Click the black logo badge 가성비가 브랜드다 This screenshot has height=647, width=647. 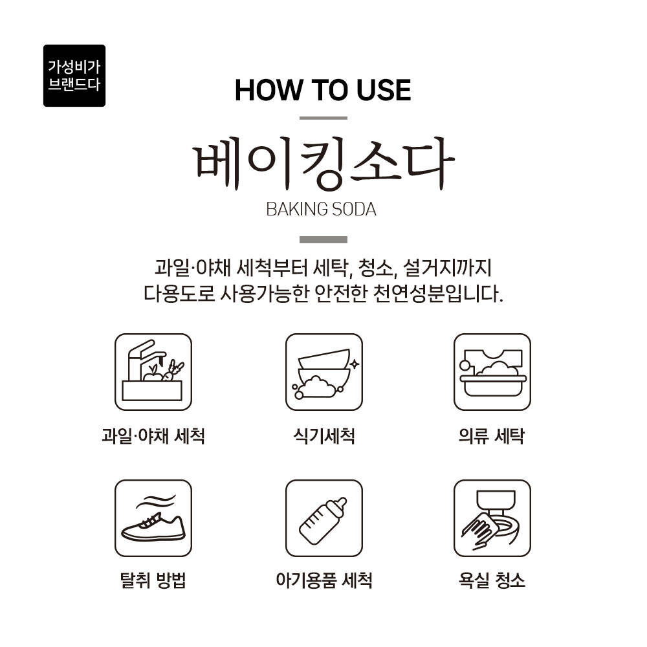(74, 76)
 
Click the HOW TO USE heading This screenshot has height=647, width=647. (323, 90)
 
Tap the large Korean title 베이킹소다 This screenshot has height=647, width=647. (324, 164)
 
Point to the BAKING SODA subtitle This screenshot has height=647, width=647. (322, 209)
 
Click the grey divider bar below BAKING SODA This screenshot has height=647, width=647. (323, 240)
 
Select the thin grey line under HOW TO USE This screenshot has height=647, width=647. (323, 118)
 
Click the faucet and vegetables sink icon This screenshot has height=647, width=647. (153, 372)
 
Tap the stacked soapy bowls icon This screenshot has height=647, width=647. (324, 372)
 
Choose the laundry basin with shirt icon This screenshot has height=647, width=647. (492, 372)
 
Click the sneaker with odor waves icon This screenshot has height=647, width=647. (153, 518)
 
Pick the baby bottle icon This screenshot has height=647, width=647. (324, 518)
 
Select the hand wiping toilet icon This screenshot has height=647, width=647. (492, 518)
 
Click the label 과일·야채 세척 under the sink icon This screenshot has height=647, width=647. (153, 435)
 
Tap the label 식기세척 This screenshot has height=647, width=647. (324, 435)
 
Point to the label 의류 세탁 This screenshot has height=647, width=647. (492, 435)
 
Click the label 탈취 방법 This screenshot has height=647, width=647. (153, 580)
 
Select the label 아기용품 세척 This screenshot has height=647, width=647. (324, 580)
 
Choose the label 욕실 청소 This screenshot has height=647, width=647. (492, 580)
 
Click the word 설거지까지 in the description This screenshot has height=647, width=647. (447, 268)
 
